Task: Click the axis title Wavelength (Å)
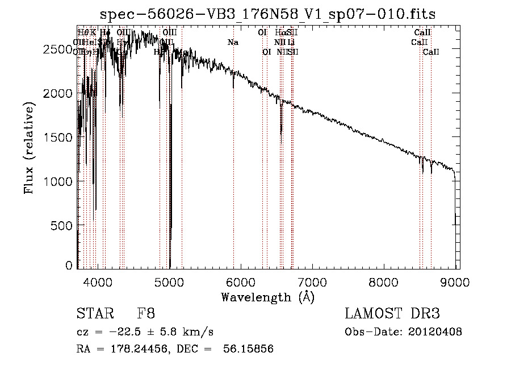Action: [267, 296]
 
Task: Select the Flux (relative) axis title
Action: [28, 148]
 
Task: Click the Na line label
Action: [233, 42]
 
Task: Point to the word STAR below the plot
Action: [94, 313]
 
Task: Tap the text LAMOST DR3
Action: [392, 313]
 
